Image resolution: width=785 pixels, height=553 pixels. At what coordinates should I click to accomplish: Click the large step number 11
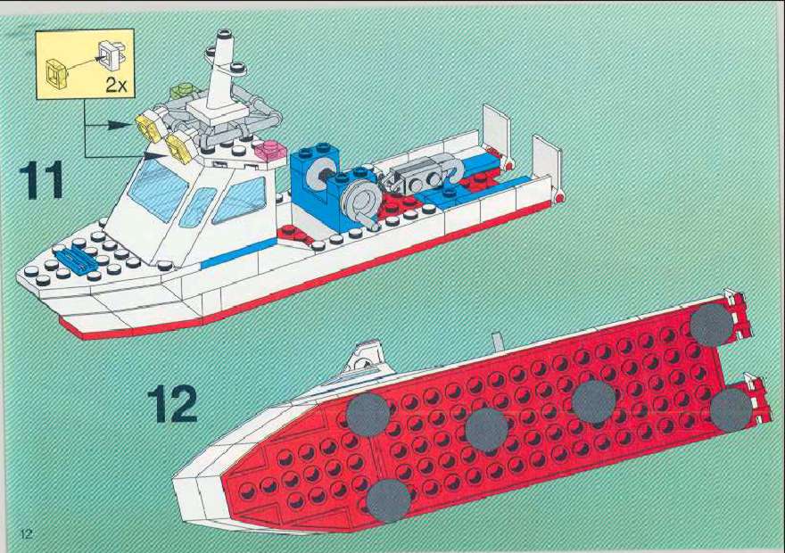tap(42, 180)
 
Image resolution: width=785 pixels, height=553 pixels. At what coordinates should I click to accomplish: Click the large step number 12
tap(171, 403)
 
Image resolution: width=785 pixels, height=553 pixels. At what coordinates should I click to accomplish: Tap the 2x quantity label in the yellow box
tap(116, 85)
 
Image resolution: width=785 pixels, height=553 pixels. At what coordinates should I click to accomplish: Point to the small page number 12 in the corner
tap(26, 533)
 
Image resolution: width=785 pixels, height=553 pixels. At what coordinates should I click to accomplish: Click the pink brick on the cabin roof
tap(270, 150)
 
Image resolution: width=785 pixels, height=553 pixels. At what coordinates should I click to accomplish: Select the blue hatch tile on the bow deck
tap(78, 260)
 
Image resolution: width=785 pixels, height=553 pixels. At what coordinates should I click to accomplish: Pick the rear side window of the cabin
tap(239, 199)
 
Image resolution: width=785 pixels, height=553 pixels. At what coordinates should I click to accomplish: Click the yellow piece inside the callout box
tap(56, 74)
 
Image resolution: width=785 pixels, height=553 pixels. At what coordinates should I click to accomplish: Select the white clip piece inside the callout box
tap(112, 53)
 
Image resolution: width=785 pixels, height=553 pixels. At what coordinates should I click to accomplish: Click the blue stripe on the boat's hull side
tap(238, 253)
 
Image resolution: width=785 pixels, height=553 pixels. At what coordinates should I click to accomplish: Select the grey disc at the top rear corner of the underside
tap(712, 326)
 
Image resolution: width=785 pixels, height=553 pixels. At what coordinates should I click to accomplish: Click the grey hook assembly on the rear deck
tap(426, 175)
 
